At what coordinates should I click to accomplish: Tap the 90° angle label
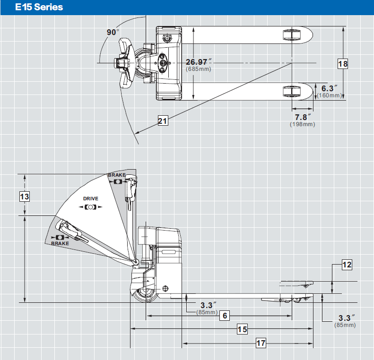pos(113,32)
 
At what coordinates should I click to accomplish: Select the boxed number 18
pos(343,64)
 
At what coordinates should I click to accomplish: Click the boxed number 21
pos(163,121)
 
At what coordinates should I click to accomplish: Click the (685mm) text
pos(199,69)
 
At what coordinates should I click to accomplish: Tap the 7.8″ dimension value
pos(303,117)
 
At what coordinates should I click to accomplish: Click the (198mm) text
pos(302,124)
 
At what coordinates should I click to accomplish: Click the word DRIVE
pos(90,199)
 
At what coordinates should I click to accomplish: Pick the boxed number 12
pos(347,265)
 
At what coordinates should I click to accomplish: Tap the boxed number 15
pos(242,329)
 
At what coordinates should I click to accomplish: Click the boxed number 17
pos(261,343)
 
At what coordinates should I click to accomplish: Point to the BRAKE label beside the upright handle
pos(117,175)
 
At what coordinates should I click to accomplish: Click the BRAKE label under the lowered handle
pos(60,243)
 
